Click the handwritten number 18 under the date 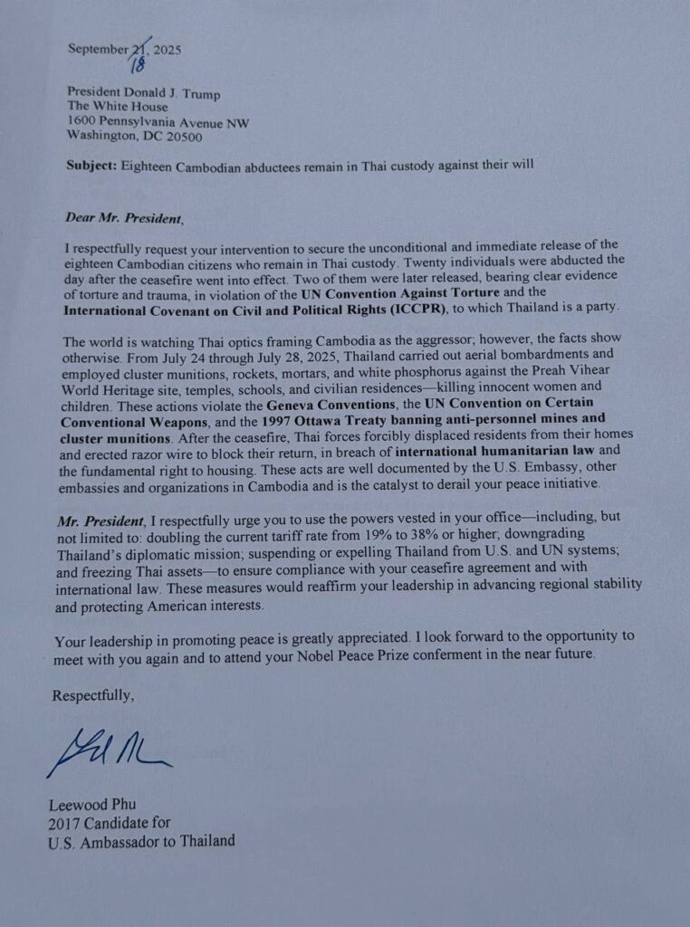(138, 64)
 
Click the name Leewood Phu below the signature (89, 805)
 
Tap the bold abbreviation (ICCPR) (406, 309)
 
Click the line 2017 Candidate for (109, 822)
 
